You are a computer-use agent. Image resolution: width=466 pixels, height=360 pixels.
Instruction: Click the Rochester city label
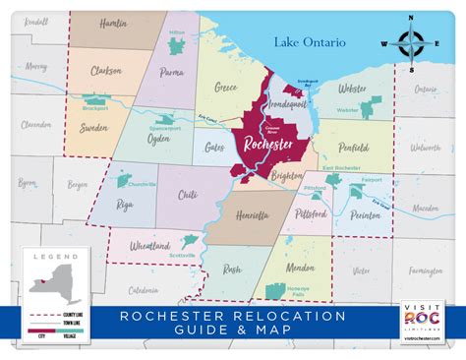tap(266, 144)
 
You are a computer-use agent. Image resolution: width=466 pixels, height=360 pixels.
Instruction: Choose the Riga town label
tap(124, 204)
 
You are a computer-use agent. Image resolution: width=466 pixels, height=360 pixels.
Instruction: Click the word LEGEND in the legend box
tap(54, 256)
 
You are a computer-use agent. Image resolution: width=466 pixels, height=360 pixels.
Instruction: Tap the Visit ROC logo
tap(421, 322)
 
